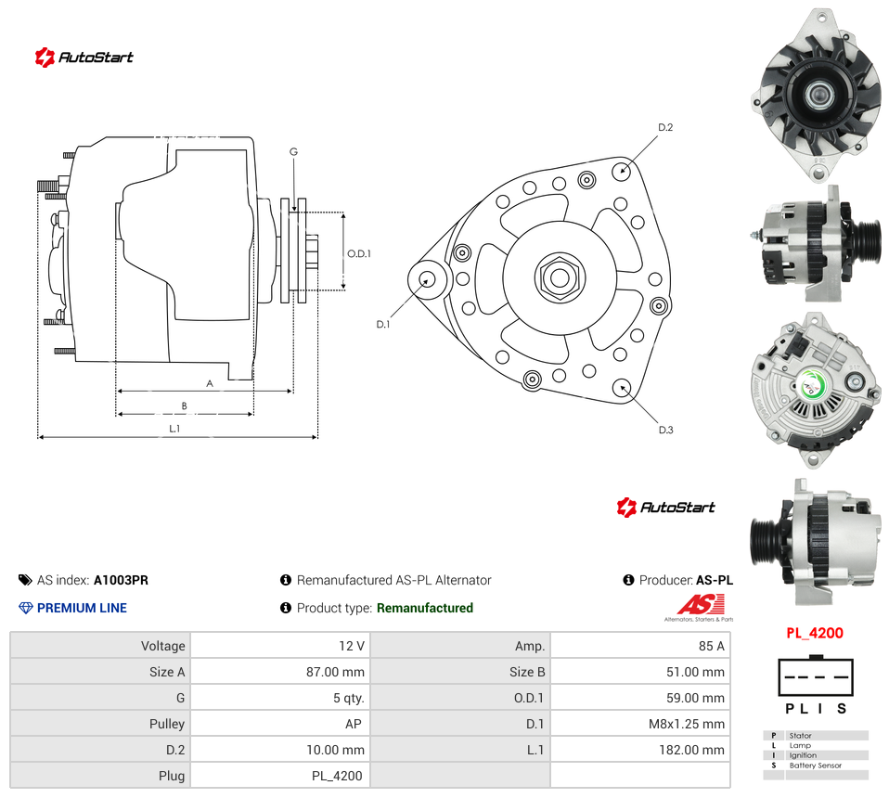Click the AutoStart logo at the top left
pos(84,58)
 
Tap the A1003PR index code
pos(121,580)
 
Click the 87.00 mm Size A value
pos(335,672)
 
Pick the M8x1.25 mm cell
pos(686,725)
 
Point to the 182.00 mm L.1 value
pos(691,751)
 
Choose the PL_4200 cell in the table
pos(337,777)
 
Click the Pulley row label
pos(167,725)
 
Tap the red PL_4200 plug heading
pos(815,633)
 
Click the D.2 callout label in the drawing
pos(665,127)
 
